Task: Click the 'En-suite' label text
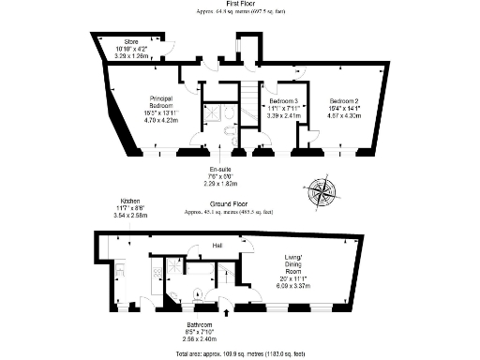tap(220, 169)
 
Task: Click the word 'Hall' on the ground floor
tap(217, 246)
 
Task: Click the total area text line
tap(239, 353)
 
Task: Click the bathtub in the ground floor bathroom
tap(170, 277)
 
